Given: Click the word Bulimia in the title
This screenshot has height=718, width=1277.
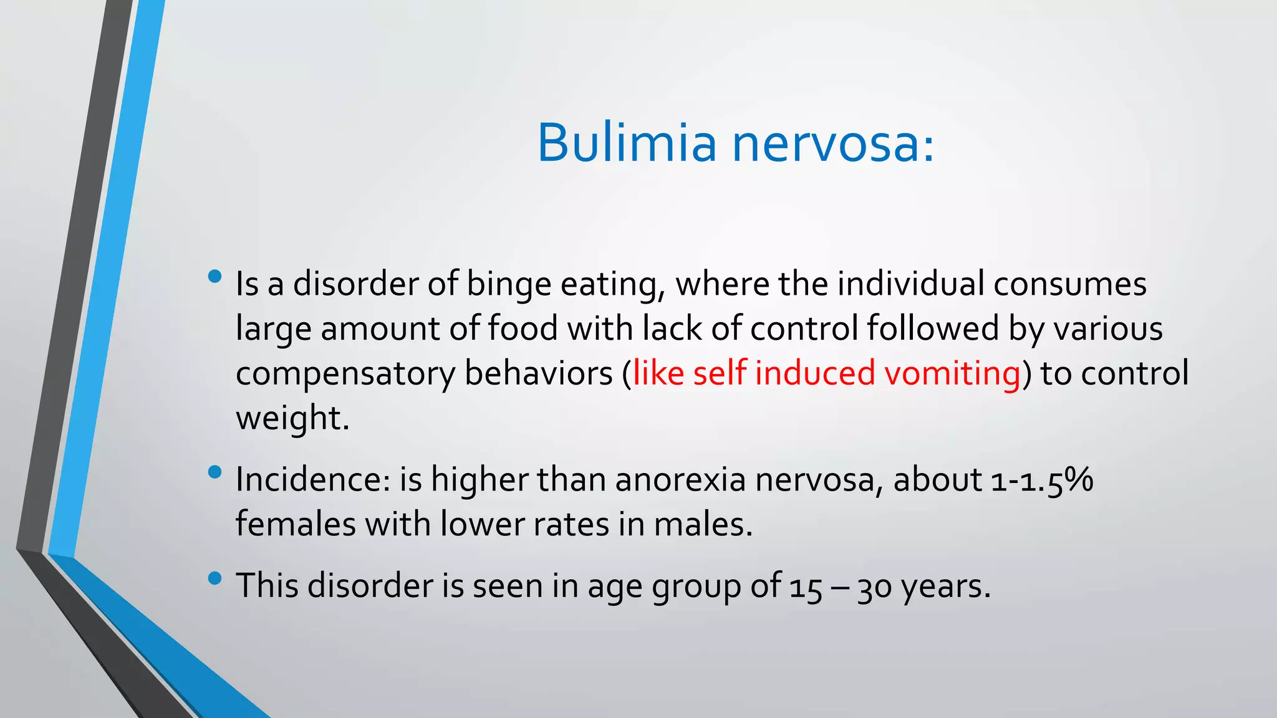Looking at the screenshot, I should [627, 143].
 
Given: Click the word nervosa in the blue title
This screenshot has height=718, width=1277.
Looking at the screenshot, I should [833, 144].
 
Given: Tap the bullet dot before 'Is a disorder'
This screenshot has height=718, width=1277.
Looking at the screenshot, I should [215, 276].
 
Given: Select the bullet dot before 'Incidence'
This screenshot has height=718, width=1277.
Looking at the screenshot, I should [215, 472].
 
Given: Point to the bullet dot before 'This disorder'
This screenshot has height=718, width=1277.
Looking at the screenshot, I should [215, 578].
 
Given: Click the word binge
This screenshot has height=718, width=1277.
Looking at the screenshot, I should [509, 285].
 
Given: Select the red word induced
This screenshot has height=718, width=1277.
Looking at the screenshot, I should [815, 373].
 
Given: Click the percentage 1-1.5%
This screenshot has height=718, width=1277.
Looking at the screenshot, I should [1042, 480].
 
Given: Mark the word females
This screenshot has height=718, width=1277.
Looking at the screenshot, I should [296, 524].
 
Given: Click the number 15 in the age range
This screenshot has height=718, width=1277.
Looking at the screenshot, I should [806, 587].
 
